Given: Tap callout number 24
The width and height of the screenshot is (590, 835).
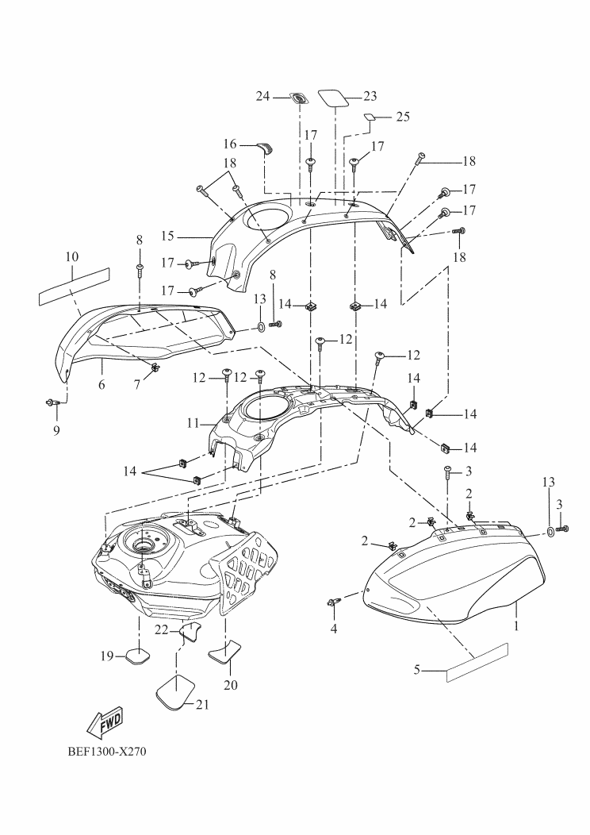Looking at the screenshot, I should tap(262, 96).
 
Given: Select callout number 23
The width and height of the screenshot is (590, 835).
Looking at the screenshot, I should tap(370, 96).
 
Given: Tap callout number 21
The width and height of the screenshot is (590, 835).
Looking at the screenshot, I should tap(202, 704).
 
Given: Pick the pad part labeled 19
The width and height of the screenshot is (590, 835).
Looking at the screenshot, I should tap(135, 656).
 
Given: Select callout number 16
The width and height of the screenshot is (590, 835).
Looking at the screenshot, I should tap(230, 144).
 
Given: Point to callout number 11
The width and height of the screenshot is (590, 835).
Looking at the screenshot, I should tap(193, 424).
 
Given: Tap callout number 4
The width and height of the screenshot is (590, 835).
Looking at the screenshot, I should tap(334, 629).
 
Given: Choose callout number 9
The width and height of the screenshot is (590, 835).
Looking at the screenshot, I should tap(55, 432).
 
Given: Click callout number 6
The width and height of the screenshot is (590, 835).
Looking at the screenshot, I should tap(102, 384).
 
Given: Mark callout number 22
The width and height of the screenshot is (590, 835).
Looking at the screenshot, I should tap(162, 629).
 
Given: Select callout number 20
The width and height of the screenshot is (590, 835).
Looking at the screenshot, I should tap(232, 683).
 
